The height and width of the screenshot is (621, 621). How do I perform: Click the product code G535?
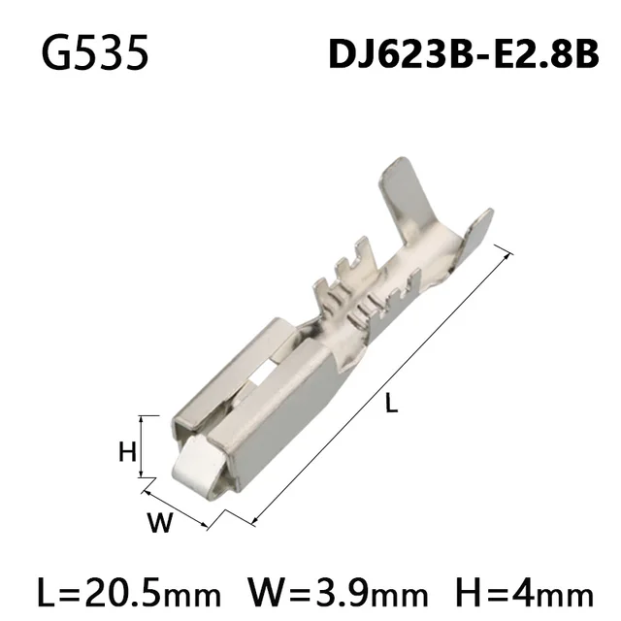click(x=95, y=54)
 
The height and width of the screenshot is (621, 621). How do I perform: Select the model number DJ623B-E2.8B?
click(x=464, y=56)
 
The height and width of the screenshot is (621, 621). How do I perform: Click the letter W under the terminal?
click(x=160, y=524)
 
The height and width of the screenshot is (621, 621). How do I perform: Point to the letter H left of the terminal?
click(x=125, y=450)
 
